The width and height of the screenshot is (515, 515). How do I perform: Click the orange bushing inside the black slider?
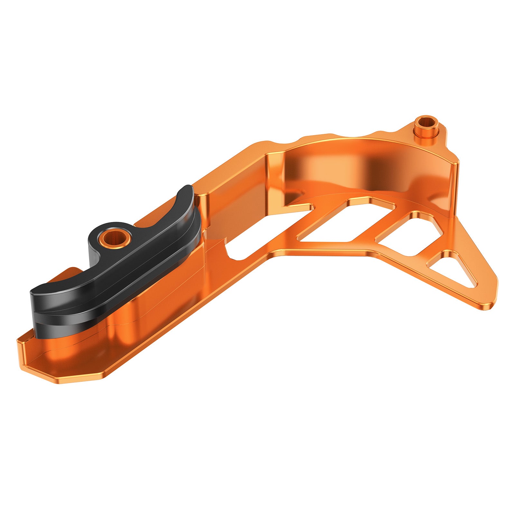(115, 239)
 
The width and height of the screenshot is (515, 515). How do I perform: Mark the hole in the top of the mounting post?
(426, 122)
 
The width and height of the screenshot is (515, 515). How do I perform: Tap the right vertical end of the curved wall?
(454, 187)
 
